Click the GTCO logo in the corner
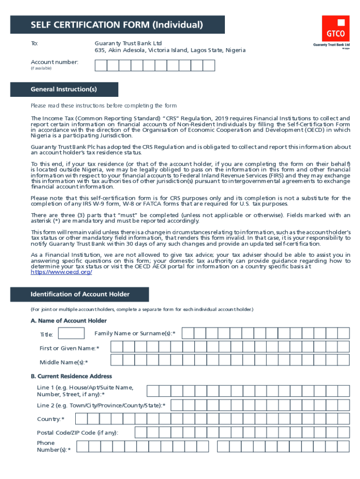click(335, 29)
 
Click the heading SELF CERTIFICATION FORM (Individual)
click(117, 25)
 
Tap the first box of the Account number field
click(101, 65)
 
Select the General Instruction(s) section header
click(64, 89)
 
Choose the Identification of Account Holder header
click(80, 294)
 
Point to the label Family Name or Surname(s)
click(135, 333)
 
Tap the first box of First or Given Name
click(116, 347)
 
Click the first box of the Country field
click(80, 419)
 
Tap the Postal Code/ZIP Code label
click(78, 433)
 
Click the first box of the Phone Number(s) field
click(82, 447)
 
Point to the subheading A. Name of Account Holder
click(69, 320)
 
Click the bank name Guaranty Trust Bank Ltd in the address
click(128, 44)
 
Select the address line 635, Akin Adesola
click(170, 51)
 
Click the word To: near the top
click(35, 44)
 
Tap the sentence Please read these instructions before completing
click(104, 105)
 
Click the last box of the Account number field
click(209, 65)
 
